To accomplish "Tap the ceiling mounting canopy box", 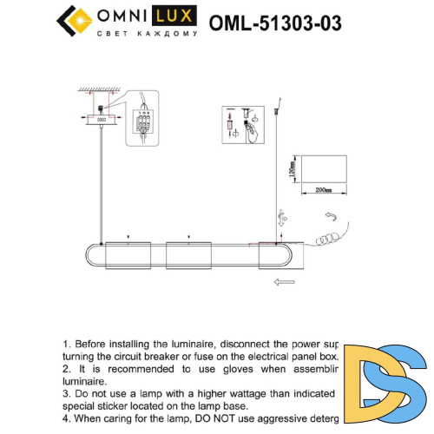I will [101, 120].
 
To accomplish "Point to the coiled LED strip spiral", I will [329, 236].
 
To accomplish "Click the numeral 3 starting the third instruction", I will [65, 393].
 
